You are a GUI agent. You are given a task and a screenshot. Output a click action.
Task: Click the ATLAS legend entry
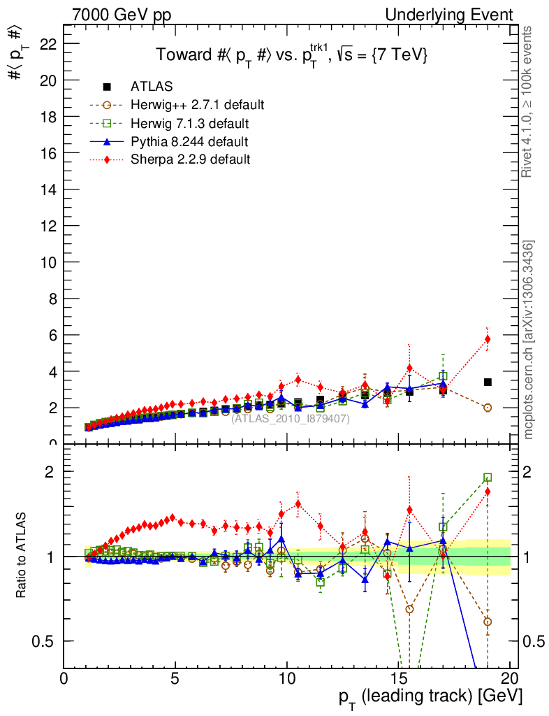point(152,87)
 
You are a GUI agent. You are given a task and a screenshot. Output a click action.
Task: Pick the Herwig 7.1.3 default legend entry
point(190,123)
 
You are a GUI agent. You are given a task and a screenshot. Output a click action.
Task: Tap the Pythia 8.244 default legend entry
point(189,141)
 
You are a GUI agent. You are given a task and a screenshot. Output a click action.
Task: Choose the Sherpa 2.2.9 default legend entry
point(190,159)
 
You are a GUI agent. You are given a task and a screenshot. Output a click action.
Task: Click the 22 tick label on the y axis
point(48,44)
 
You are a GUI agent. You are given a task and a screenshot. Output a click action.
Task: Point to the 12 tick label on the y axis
point(48,226)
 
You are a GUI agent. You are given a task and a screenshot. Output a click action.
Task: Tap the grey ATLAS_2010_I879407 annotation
point(291,419)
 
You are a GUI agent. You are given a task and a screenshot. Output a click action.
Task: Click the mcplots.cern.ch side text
point(529,340)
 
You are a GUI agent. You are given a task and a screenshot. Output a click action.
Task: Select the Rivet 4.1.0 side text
point(529,101)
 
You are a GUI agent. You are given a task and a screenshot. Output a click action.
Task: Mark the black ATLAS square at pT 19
point(488,382)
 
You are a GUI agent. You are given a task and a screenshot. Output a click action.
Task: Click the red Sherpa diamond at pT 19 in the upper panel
point(488,339)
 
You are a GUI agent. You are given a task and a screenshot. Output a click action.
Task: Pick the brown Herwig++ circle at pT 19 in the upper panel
point(488,408)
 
